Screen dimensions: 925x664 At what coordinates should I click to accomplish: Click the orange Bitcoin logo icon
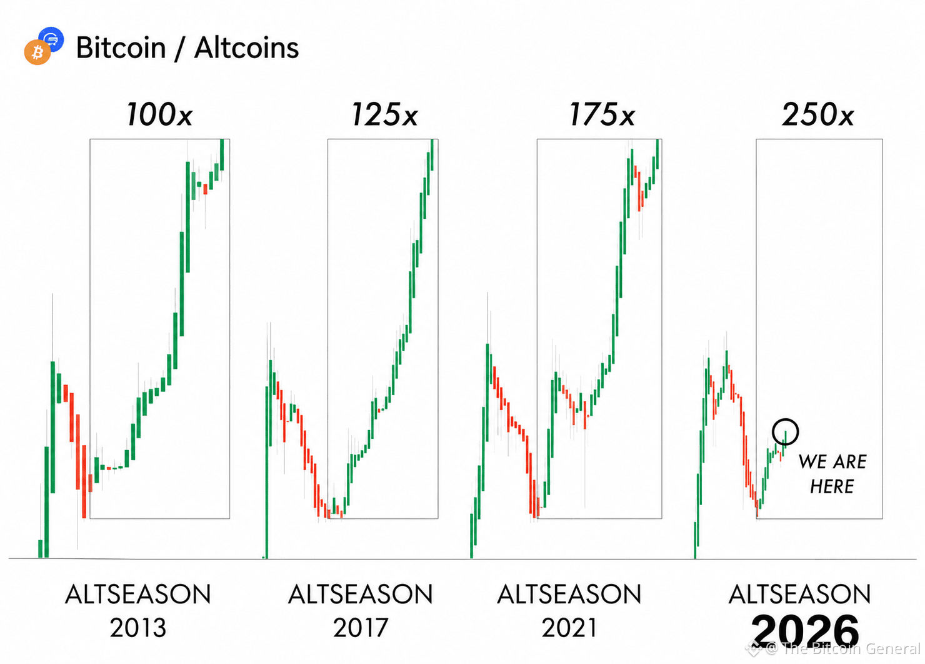[37, 53]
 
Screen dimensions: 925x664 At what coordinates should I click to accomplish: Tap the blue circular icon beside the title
[52, 38]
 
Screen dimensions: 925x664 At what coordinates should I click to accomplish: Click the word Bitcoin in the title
[121, 48]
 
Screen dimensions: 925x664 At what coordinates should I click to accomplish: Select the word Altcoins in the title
[246, 48]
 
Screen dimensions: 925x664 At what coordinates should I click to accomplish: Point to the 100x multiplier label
[159, 114]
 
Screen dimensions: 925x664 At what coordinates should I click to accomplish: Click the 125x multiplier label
[384, 114]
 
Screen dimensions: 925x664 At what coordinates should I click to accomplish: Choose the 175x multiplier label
[602, 114]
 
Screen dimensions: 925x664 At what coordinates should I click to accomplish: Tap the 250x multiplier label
[818, 114]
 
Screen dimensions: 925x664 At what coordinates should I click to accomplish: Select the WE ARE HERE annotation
[832, 474]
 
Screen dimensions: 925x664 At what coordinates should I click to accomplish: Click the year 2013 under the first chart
[138, 628]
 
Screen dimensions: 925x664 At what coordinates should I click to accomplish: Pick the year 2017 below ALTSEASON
[361, 628]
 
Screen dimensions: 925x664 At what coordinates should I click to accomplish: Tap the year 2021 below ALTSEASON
[569, 628]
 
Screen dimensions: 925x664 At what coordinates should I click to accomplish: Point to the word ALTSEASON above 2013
[138, 594]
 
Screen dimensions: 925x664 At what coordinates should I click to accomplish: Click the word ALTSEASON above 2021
[569, 594]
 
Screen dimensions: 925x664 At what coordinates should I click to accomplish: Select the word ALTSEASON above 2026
[800, 594]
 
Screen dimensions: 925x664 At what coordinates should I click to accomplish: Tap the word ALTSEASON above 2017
[361, 594]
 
